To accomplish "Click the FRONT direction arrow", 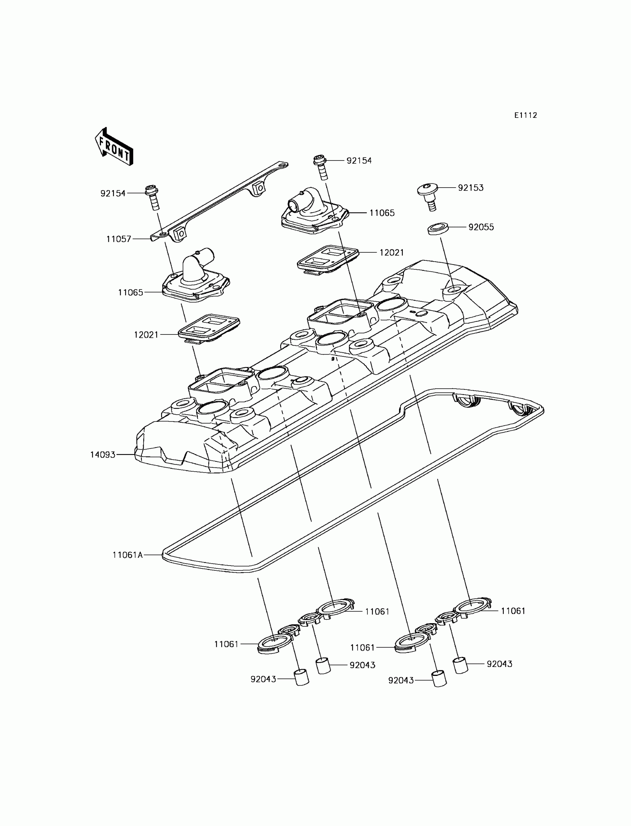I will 114,147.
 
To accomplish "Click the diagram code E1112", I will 526,116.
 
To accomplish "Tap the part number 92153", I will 470,188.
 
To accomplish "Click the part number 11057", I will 119,239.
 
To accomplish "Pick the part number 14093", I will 102,455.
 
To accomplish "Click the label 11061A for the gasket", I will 128,555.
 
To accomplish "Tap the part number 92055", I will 481,227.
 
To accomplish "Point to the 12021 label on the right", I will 391,253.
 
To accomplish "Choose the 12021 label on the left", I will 146,335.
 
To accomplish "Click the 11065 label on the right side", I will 382,213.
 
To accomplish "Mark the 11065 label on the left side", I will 131,292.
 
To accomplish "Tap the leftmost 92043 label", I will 263,679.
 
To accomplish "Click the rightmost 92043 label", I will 499,664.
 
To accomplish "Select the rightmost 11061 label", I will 513,611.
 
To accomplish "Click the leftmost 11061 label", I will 226,644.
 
